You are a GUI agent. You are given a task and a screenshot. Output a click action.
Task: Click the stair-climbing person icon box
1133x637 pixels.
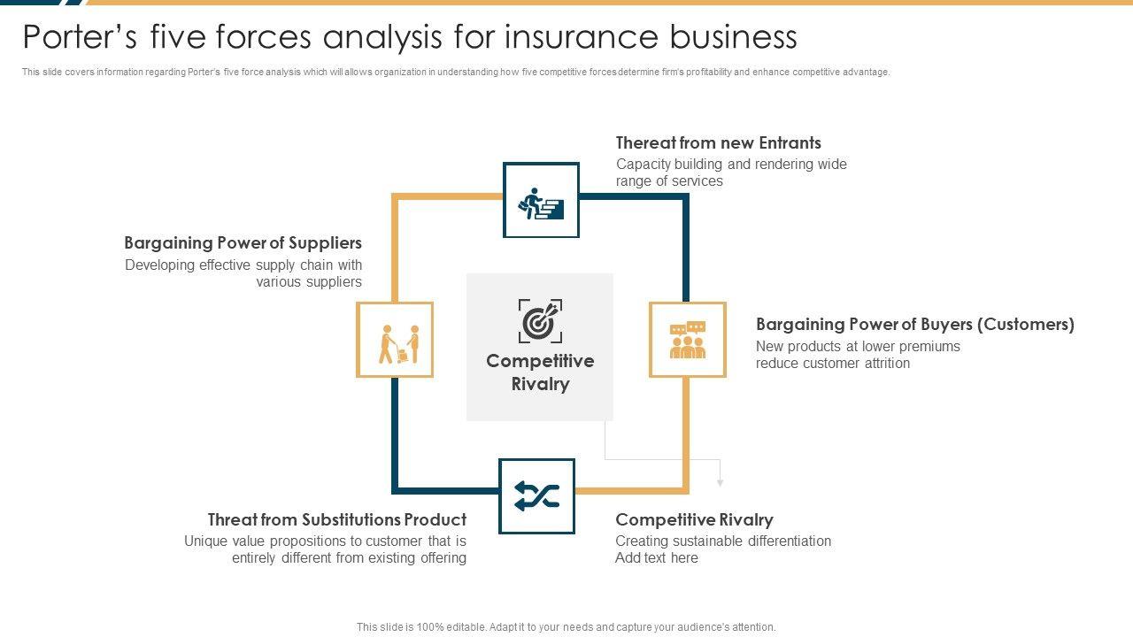point(541,200)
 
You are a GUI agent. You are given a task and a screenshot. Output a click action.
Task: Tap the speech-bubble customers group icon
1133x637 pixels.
point(688,340)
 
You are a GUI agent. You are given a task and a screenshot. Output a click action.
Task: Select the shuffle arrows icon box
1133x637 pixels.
point(536,496)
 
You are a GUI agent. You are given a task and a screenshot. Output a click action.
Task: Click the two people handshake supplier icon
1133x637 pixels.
point(395,340)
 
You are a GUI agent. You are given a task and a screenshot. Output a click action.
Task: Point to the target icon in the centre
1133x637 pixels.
point(540,320)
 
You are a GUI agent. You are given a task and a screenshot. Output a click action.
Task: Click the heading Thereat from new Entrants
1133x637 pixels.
point(718,142)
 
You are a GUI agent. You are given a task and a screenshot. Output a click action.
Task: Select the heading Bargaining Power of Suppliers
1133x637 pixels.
point(243,242)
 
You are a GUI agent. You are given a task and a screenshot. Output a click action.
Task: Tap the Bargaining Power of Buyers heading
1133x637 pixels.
point(914,324)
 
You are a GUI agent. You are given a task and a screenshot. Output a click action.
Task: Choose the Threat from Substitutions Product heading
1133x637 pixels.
point(336,519)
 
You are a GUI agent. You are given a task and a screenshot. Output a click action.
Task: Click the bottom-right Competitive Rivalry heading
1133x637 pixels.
point(694,519)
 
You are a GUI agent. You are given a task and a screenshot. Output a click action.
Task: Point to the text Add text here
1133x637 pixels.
point(657,558)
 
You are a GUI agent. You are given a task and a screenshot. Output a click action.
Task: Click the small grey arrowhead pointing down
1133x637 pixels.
point(721,482)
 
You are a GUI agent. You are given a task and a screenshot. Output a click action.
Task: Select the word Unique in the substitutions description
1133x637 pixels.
point(206,541)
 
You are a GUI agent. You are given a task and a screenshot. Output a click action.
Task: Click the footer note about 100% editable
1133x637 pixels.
point(566,627)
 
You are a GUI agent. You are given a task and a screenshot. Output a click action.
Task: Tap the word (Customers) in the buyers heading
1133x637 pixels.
point(1026,324)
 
